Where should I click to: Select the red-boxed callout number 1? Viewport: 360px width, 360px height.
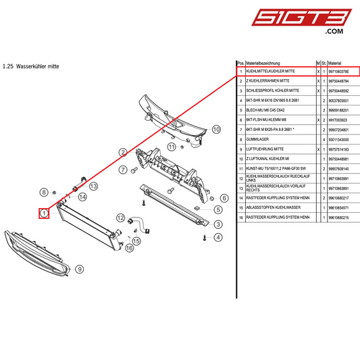click(x=44, y=213)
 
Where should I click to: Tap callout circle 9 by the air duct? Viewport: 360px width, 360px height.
click(x=79, y=269)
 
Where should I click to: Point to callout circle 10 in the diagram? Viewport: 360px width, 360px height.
click(x=216, y=128)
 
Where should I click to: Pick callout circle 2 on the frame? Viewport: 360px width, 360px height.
click(x=124, y=152)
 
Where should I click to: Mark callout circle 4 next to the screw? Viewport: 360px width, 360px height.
click(x=218, y=237)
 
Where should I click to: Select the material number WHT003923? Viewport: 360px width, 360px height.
click(x=338, y=119)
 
